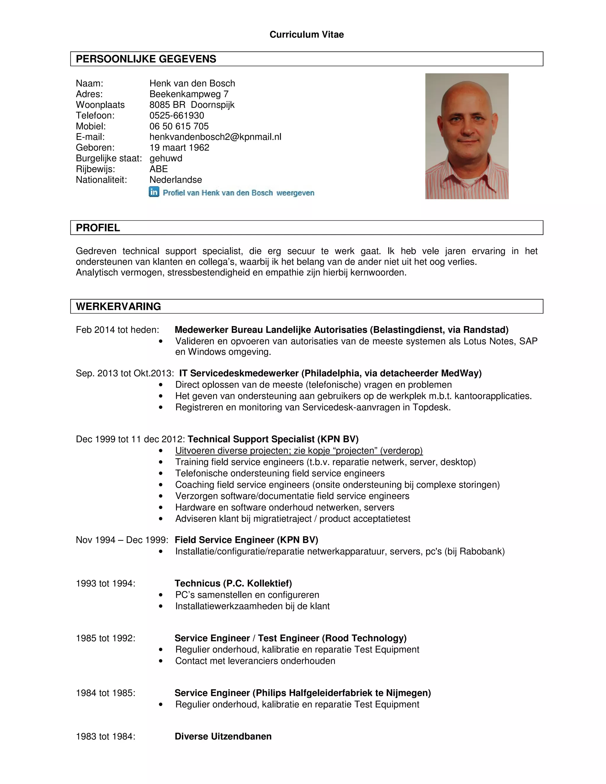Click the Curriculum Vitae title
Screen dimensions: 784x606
[306, 34]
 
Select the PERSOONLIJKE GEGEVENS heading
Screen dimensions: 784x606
[146, 59]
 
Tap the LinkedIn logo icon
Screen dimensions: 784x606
[154, 192]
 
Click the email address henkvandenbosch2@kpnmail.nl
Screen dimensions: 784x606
[215, 137]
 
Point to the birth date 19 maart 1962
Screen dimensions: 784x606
[179, 148]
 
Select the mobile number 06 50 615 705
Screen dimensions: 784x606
[179, 126]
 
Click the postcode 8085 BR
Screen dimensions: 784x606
[167, 105]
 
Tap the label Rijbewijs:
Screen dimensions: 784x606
[95, 169]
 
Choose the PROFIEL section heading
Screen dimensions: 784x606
[98, 228]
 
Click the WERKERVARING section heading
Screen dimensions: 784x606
[118, 306]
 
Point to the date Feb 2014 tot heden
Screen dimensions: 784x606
[117, 330]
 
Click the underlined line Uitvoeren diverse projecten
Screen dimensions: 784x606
[299, 451]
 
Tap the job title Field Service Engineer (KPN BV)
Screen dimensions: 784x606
[246, 540]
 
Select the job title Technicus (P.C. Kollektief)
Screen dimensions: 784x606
[233, 583]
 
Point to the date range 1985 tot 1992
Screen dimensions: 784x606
[106, 638]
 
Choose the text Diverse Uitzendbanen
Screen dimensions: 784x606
[223, 736]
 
